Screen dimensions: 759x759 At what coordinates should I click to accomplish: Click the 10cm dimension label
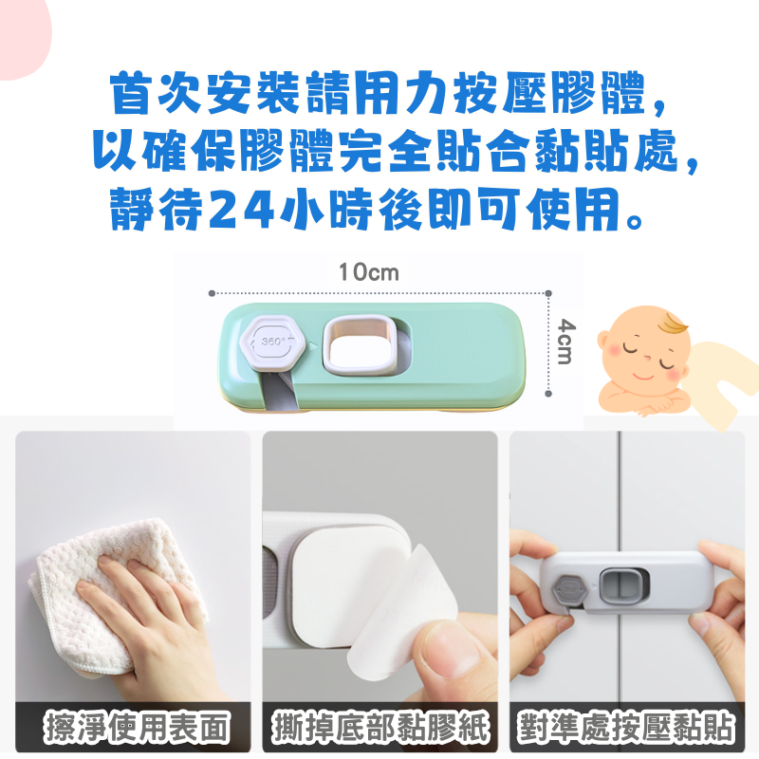369,272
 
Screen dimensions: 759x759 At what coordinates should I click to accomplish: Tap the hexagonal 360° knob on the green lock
272,342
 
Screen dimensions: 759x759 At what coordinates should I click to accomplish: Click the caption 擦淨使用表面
137,727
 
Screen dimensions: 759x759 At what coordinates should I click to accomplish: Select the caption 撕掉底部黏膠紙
380,727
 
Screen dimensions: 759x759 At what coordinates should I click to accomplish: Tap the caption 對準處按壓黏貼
626,727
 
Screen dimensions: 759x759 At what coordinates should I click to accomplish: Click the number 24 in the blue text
242,209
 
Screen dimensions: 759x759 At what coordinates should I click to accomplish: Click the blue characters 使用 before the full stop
573,209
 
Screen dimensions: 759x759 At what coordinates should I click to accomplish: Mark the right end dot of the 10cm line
548,293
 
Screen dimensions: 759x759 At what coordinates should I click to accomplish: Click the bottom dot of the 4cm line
548,394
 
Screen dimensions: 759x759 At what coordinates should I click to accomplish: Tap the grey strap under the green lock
281,391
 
